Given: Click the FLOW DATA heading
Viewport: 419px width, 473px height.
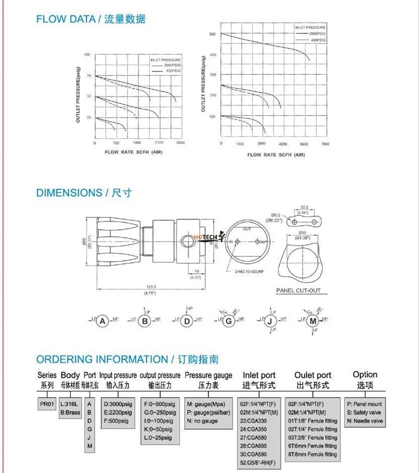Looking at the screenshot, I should click(91, 19).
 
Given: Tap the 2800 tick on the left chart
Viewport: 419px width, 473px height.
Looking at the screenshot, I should click(180, 143).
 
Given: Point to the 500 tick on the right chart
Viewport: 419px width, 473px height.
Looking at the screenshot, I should click(212, 34).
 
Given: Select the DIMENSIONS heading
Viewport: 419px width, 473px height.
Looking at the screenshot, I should click(84, 193).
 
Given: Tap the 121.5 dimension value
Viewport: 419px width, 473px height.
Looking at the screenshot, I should click(150, 287).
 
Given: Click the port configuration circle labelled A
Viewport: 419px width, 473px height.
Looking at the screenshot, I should click(102, 321).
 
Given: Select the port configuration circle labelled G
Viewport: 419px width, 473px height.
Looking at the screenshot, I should click(228, 321).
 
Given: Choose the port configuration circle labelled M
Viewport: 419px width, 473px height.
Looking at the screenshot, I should click(313, 321).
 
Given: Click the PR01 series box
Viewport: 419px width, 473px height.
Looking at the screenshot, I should click(46, 404).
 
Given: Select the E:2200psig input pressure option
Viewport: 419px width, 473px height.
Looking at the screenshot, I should click(118, 412).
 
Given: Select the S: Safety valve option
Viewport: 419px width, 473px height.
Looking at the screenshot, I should click(364, 412).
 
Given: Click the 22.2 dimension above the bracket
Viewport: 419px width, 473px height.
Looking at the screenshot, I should click(304, 206).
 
